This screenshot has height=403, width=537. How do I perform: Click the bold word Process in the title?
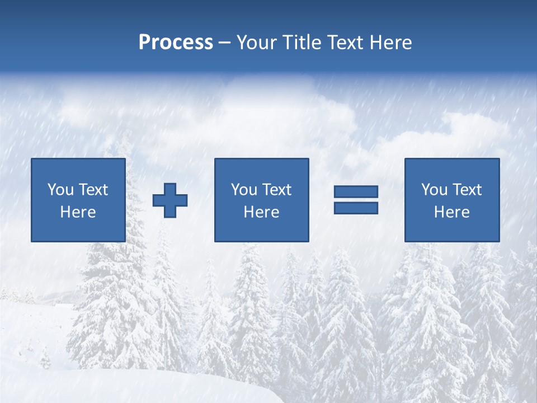pos(176,43)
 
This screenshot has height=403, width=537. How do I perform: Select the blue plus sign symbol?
pos(170,200)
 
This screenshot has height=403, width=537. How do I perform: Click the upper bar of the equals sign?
pos(356,191)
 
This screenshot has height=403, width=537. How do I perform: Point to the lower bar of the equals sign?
pos(356,208)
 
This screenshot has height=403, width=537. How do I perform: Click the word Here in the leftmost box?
pos(78,212)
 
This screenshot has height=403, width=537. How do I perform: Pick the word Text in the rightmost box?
pos(468,190)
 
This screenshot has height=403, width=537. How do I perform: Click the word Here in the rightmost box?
pos(452,212)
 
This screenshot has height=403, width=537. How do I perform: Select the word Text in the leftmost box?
pos(93,190)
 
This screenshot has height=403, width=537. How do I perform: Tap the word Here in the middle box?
pos(262,212)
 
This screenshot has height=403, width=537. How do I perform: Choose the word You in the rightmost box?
pos(434,190)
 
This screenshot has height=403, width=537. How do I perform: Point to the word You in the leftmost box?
pos(60,190)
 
